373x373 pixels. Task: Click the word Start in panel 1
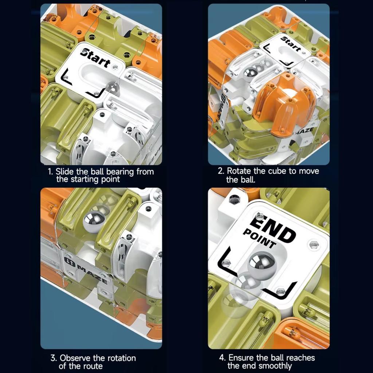[x=95, y=58]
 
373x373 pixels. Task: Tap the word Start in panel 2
[x=291, y=44]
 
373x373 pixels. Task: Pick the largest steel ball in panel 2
[x=250, y=74]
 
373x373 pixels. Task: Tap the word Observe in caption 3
[x=75, y=358]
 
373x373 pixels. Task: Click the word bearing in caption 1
[x=120, y=172]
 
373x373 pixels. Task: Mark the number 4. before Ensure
[x=222, y=358]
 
